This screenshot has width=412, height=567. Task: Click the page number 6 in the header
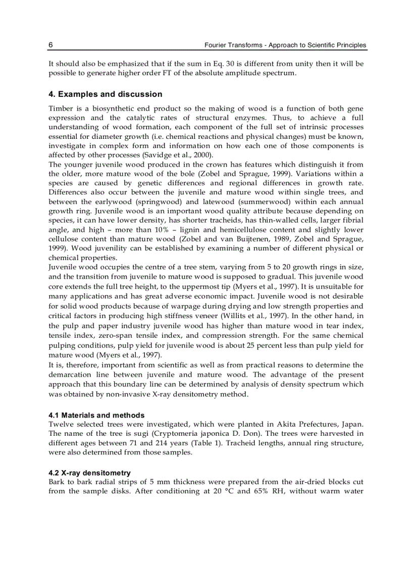coord(50,45)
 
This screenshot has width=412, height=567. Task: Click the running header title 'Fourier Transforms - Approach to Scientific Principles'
coord(285,45)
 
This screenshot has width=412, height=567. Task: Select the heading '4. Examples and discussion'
coord(105,94)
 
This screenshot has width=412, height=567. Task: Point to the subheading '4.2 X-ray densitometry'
coord(89,473)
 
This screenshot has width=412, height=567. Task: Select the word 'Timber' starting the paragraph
coord(60,109)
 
